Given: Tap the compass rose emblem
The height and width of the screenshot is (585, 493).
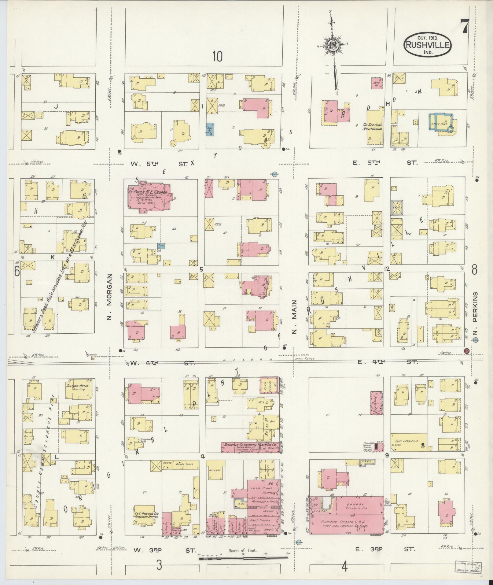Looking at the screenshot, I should [x=333, y=45].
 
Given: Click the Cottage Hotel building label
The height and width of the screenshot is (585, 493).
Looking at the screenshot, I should [x=77, y=387].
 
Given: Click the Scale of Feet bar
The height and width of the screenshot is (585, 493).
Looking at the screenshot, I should [x=243, y=558].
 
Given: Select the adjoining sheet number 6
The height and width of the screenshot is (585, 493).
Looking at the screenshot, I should [x=17, y=271].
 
